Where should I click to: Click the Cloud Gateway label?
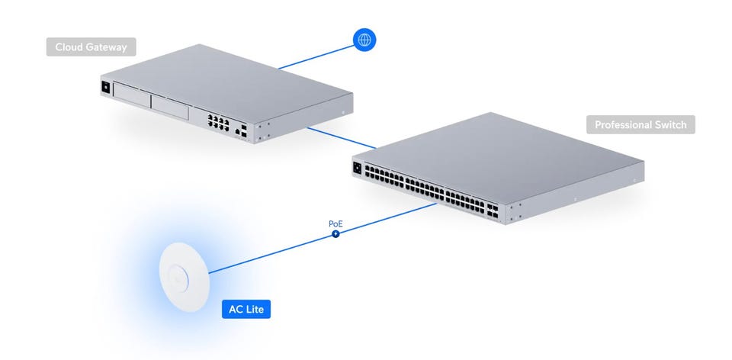(91, 47)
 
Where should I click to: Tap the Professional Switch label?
(640, 124)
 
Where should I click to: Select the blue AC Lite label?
(246, 309)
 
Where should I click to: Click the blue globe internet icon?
(364, 40)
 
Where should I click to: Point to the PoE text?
(335, 223)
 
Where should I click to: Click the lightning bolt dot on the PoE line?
(335, 233)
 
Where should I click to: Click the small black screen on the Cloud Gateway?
(106, 87)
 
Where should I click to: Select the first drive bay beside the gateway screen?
(131, 95)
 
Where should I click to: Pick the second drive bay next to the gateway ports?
(169, 108)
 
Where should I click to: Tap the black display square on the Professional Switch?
(358, 168)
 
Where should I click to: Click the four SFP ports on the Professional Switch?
(492, 210)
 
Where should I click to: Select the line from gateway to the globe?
(316, 57)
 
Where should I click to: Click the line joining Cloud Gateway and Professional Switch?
(342, 138)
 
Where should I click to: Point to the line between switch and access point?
(323, 238)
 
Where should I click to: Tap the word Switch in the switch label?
(670, 124)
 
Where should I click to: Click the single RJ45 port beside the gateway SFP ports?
(237, 132)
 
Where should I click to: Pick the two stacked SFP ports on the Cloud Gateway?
(244, 130)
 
